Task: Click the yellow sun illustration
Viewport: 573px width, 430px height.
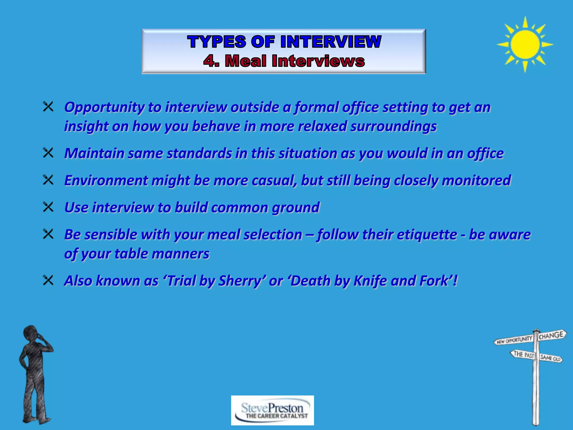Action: pos(525,44)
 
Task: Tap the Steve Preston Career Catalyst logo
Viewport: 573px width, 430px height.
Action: pos(272,410)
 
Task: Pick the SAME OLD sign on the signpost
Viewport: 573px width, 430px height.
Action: pos(550,358)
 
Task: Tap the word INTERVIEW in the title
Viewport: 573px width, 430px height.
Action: pos(331,42)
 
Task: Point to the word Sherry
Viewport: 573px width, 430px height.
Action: pos(239,281)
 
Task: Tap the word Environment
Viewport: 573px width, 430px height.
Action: pos(106,180)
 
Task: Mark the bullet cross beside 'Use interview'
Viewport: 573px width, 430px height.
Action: pos(48,207)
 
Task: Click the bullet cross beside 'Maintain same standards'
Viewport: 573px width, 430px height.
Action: pos(48,153)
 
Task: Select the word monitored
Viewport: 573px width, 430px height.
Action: pos(476,180)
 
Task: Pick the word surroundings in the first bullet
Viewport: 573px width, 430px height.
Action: pos(393,126)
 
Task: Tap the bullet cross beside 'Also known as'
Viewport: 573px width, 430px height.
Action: pos(48,280)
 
